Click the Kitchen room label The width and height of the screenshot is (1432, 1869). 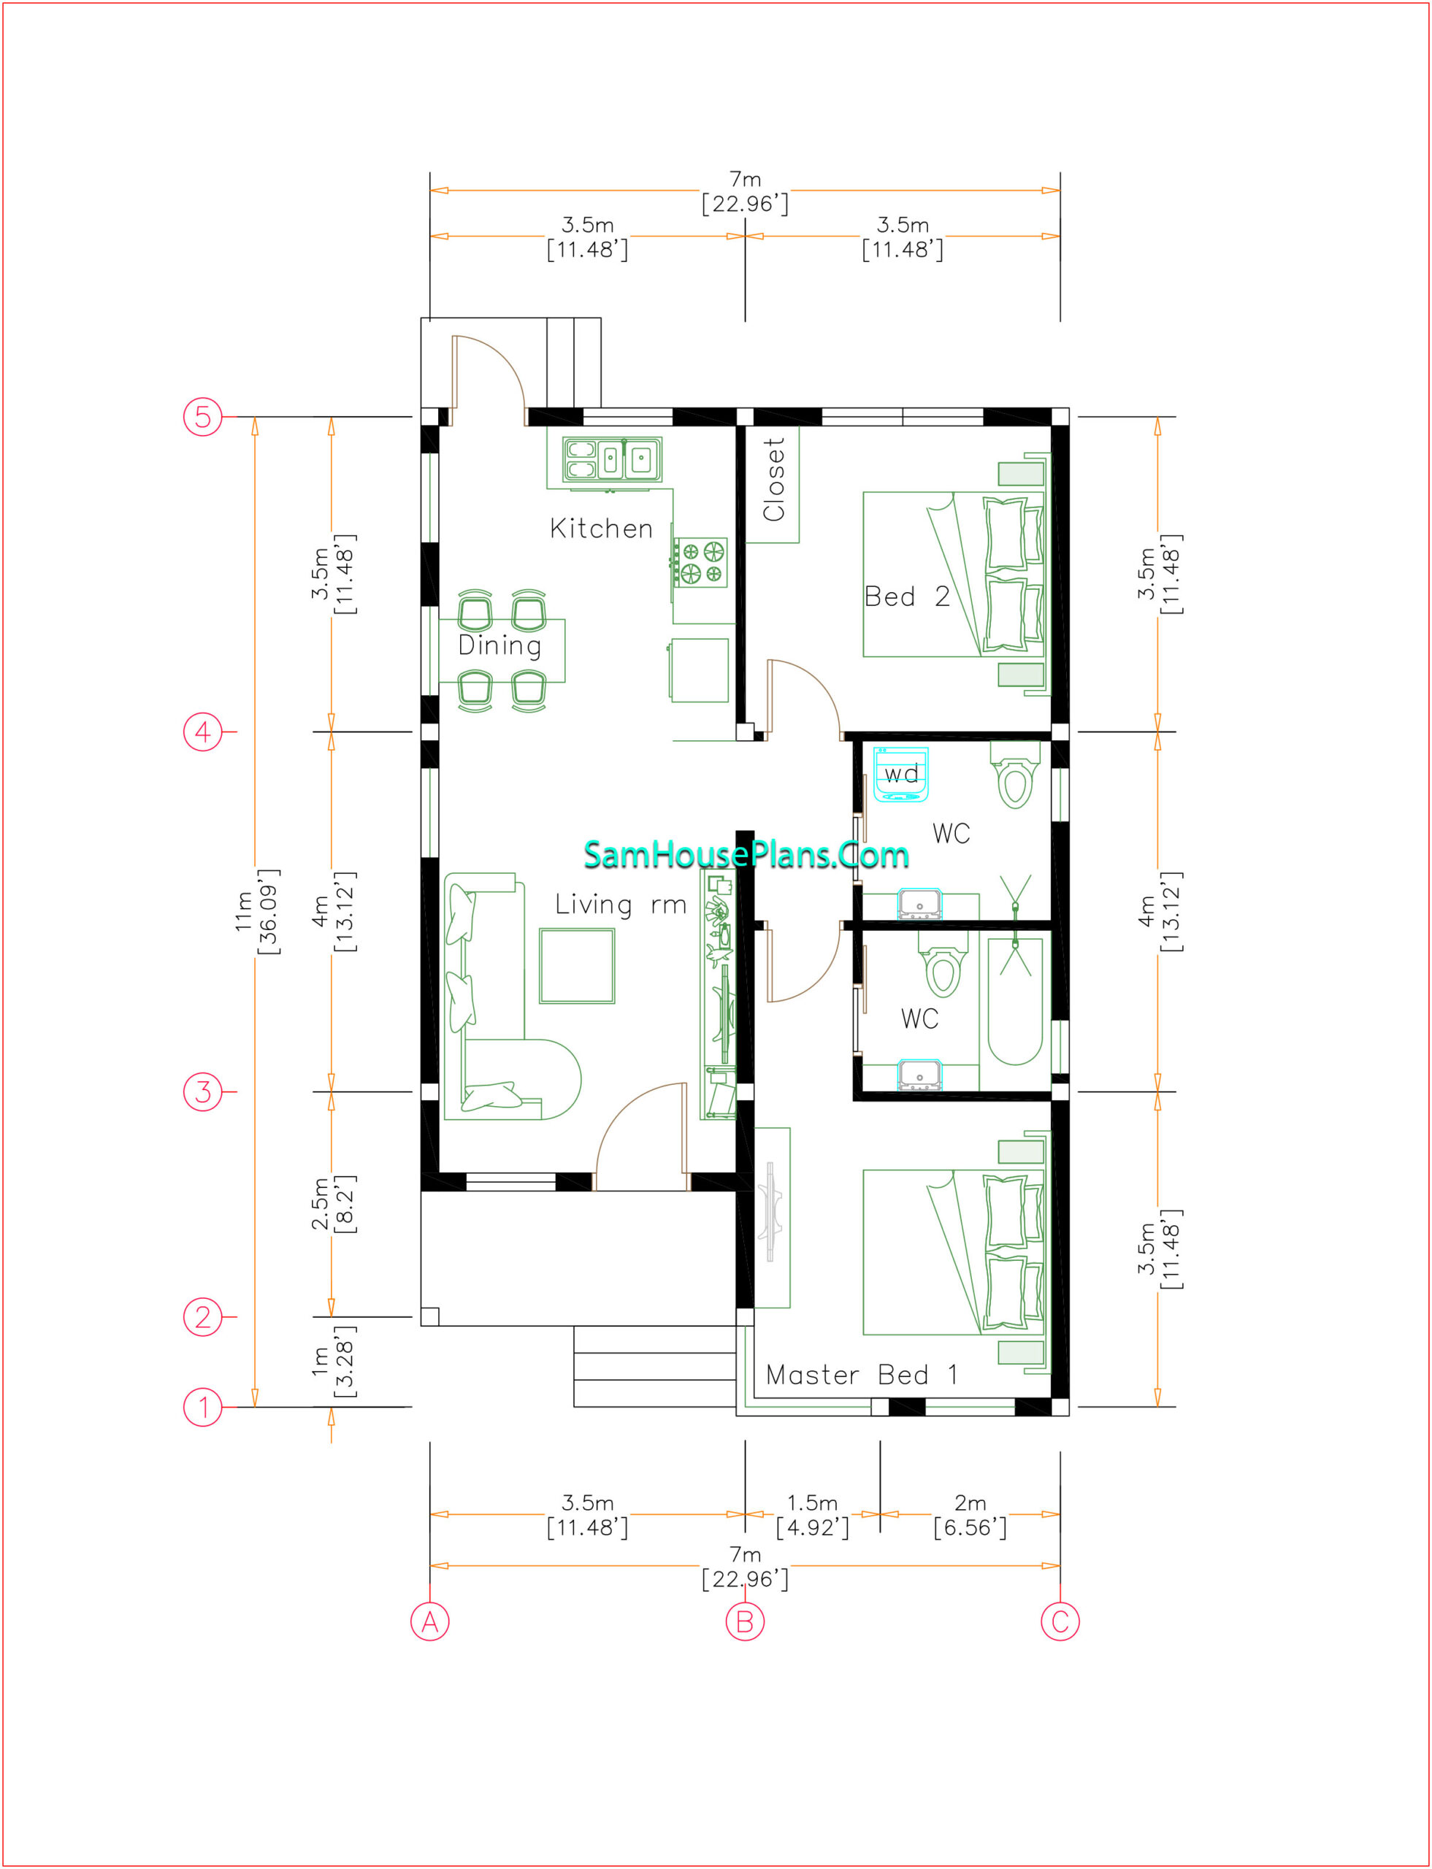coord(601,529)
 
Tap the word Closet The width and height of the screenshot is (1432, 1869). coord(773,479)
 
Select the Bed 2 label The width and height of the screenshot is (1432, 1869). coord(907,596)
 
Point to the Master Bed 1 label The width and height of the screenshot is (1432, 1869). coord(861,1375)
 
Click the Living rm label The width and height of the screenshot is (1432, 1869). coord(621,905)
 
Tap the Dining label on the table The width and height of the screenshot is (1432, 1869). coord(499,645)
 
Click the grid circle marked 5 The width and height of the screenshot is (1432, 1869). coord(203,417)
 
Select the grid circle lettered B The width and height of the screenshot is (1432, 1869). coord(745,1621)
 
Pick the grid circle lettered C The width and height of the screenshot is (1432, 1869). coord(1060,1621)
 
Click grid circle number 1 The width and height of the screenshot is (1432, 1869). coord(203,1407)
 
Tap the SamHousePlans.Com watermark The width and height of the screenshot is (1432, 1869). coord(746,854)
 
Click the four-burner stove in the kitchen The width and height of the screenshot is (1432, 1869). coord(700,562)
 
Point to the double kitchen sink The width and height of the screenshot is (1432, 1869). coord(612,460)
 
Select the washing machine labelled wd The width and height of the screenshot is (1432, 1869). coord(901,775)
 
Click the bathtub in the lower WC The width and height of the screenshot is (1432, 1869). coord(1015,1002)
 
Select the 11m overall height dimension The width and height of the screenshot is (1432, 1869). coord(256,911)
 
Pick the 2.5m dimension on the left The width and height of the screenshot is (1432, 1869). coord(332,1204)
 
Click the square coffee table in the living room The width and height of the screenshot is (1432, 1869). coord(577,967)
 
